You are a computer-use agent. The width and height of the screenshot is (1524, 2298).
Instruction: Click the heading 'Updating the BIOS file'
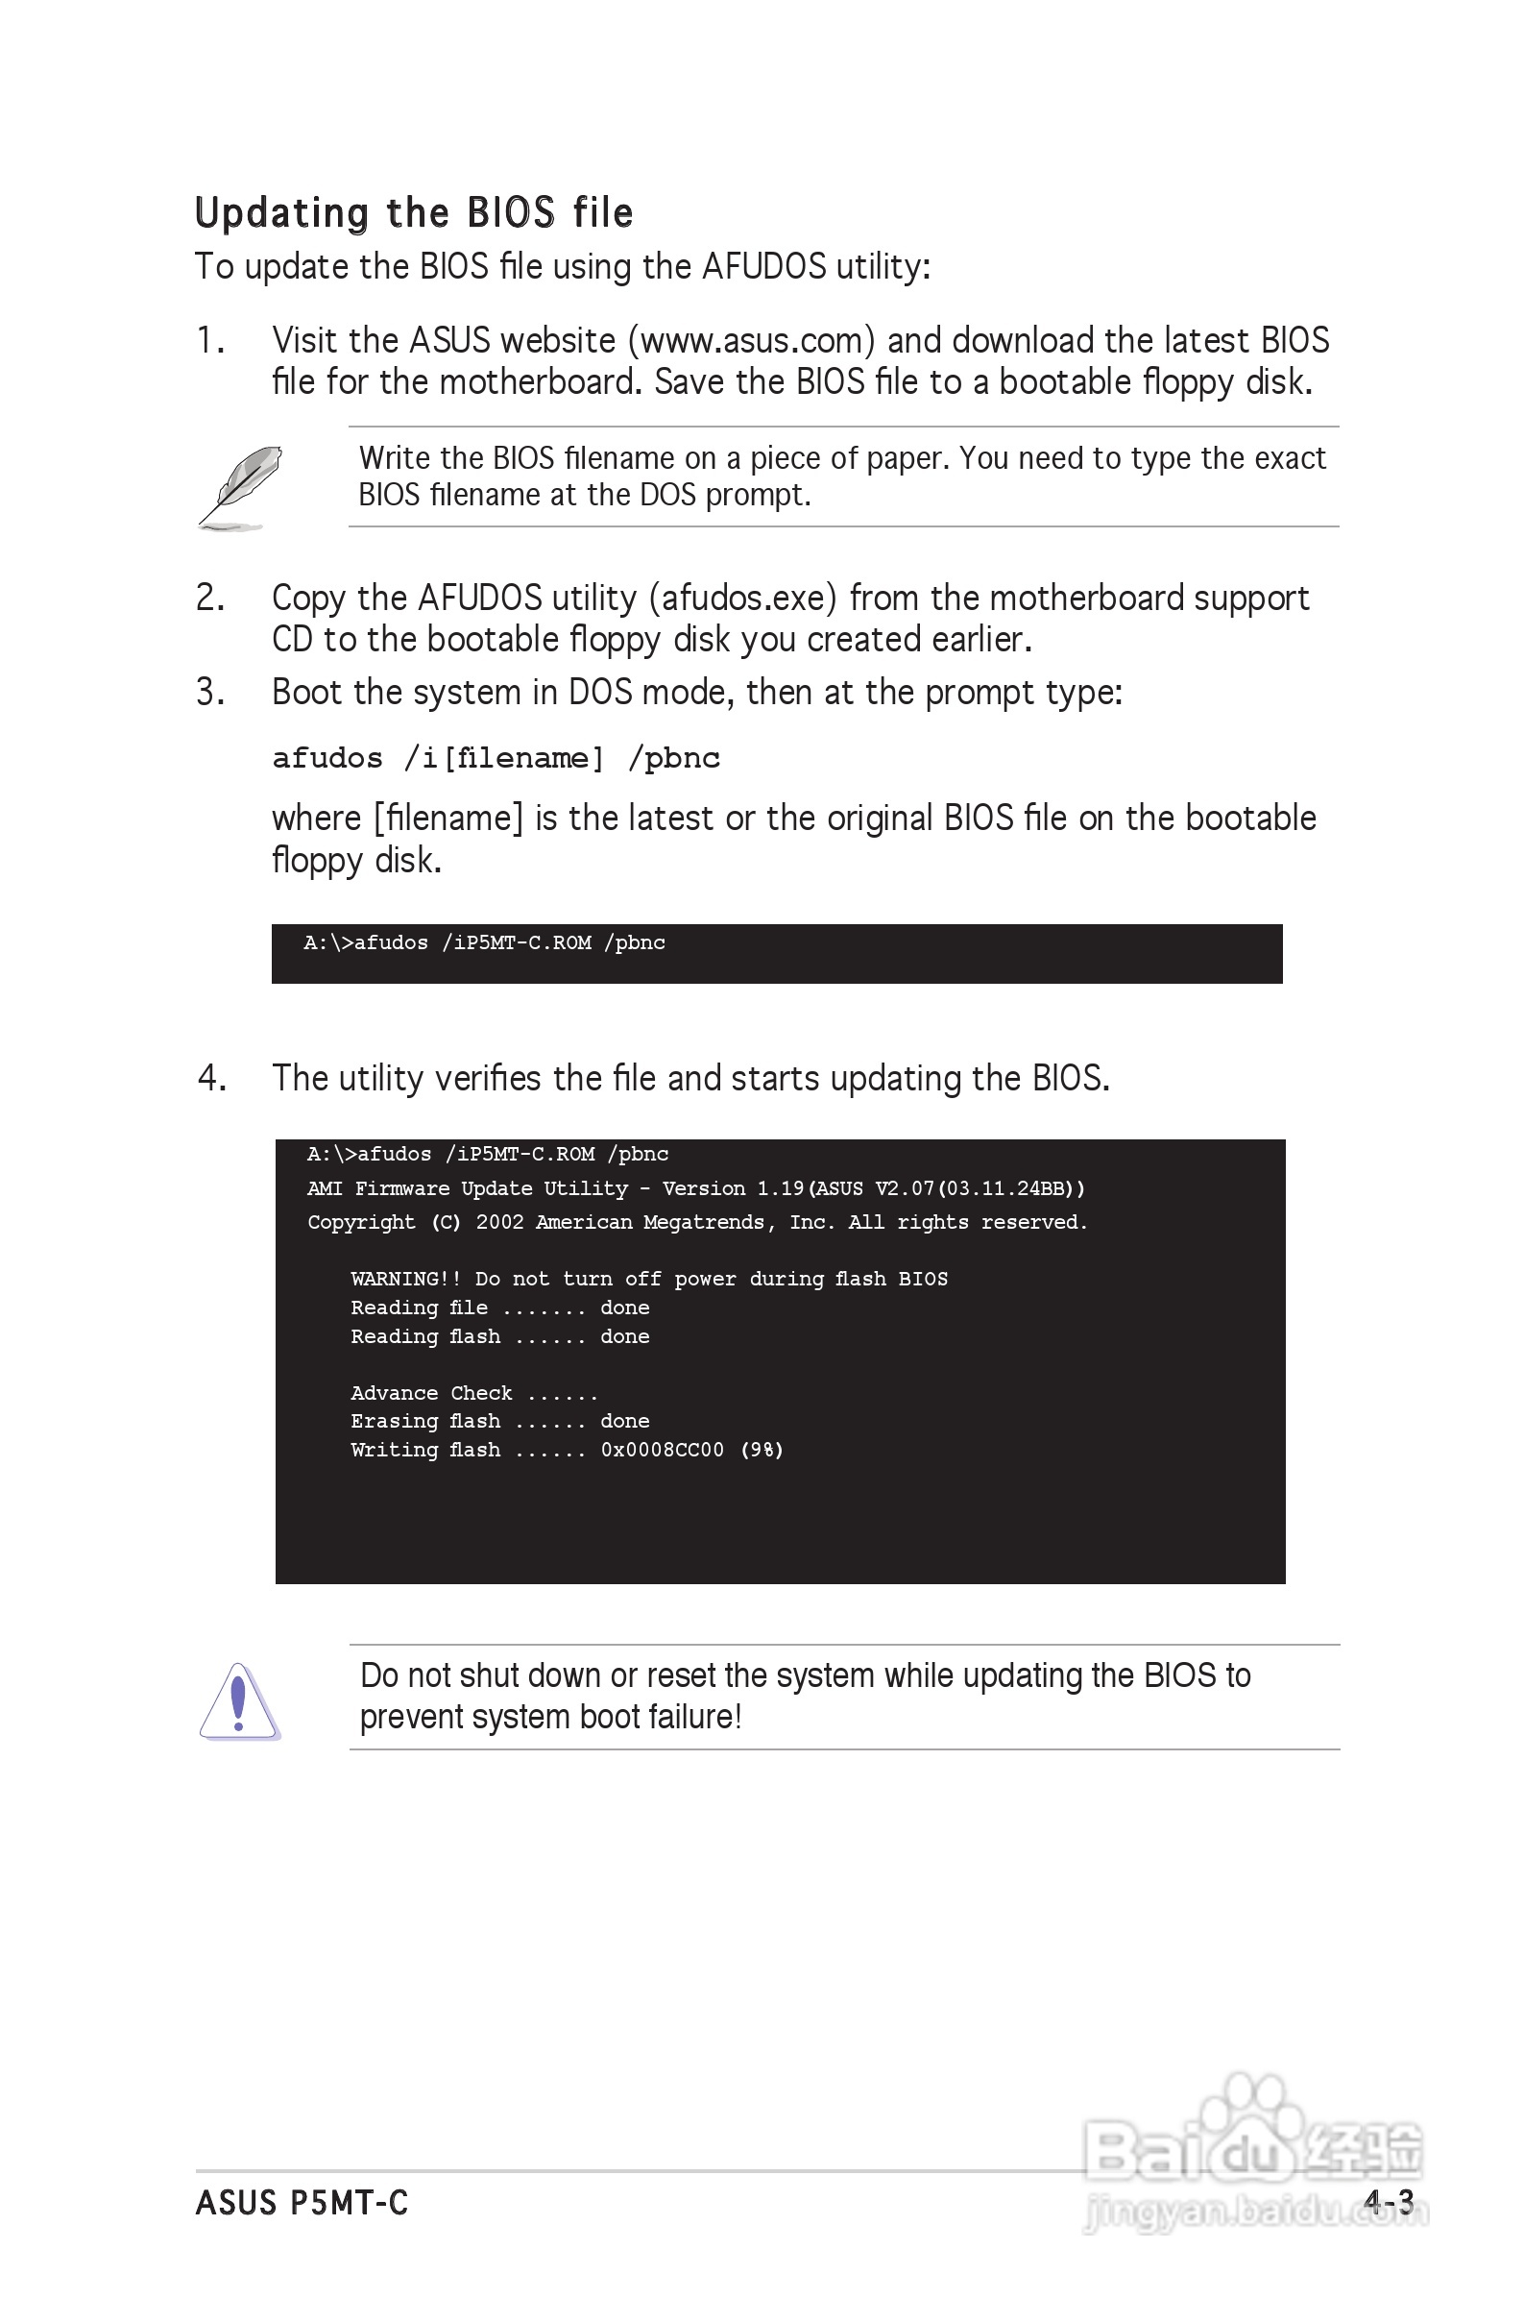[414, 213]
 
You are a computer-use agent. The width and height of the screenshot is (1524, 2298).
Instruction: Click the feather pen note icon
[241, 488]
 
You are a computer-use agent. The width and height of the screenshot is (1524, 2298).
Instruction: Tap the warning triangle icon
[239, 1701]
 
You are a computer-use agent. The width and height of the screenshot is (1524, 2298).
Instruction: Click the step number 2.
[210, 598]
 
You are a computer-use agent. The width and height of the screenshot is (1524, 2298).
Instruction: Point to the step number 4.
[211, 1078]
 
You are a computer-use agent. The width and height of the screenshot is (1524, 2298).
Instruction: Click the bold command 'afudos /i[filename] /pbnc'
[496, 758]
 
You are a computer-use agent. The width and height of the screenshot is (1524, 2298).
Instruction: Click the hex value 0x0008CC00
[662, 1451]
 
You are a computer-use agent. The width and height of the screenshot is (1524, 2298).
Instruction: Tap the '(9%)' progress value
[762, 1451]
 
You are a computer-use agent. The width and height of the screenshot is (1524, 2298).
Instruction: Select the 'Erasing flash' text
[425, 1421]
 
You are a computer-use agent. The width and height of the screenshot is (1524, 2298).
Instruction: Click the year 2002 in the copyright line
[499, 1223]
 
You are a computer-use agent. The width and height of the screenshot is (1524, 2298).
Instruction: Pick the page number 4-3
[1388, 2202]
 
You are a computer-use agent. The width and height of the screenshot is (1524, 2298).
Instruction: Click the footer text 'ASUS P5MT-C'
[302, 2203]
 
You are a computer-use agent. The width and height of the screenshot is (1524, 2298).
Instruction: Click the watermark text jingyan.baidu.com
[1254, 2213]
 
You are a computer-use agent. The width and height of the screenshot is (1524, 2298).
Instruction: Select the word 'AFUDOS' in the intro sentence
[764, 267]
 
